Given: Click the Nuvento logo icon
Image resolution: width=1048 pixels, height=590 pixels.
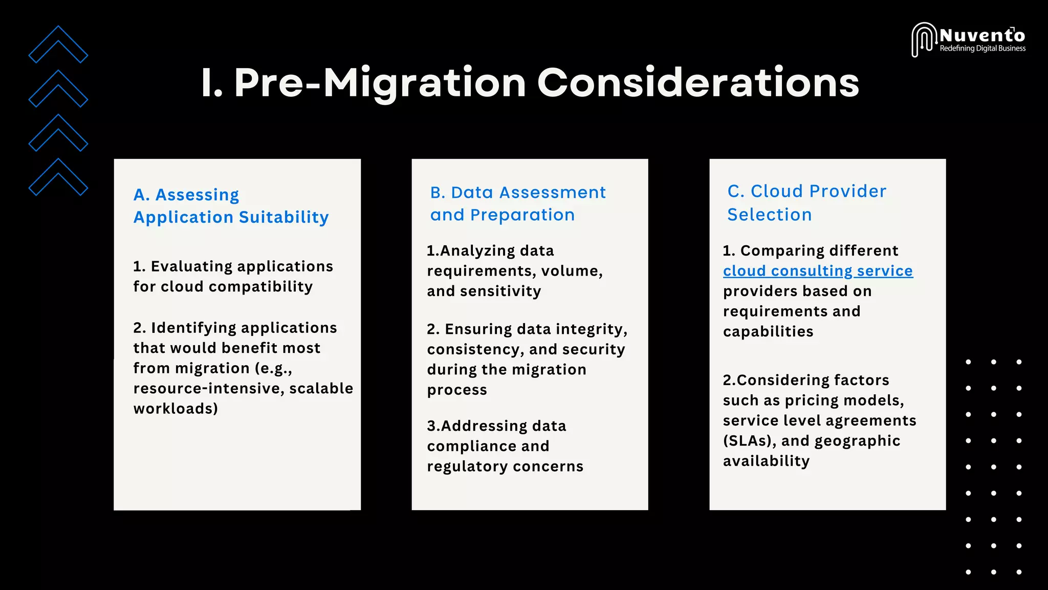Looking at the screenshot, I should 924,39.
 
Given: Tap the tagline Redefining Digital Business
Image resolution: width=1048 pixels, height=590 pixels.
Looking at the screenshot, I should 982,49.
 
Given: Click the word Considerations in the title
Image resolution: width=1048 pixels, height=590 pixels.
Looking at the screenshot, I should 698,83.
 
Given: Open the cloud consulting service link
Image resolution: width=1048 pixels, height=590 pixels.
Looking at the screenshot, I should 818,271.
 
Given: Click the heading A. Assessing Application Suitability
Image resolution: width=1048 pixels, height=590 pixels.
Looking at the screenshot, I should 231,206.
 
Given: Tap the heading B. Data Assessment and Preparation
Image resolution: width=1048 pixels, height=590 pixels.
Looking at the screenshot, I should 517,203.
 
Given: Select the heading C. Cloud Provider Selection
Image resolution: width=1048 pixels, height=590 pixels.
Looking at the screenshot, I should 806,203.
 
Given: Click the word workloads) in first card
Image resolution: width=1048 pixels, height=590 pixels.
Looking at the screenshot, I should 176,409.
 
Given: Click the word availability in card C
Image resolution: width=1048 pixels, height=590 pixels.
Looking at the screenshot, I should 766,461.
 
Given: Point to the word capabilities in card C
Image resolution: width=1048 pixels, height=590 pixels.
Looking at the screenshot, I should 768,332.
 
